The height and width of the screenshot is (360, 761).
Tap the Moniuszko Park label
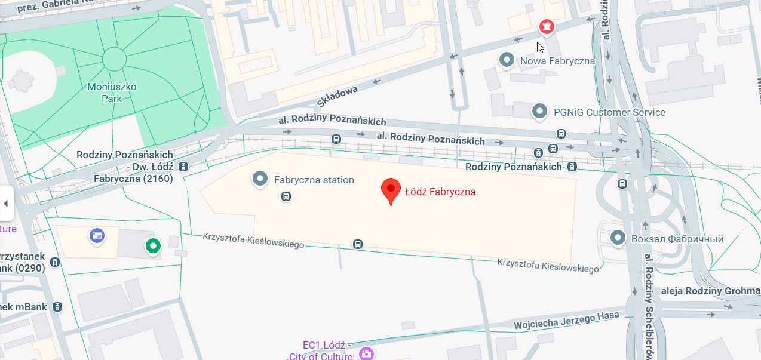[x=112, y=93]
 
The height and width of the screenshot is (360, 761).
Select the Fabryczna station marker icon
[x=259, y=179]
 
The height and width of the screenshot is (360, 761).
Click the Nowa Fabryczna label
[x=557, y=61]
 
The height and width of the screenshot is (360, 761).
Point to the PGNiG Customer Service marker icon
[x=540, y=111]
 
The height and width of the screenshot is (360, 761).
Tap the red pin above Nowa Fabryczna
[x=546, y=27]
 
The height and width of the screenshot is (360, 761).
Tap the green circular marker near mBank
[x=154, y=245]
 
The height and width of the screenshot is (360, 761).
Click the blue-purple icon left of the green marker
[x=97, y=236]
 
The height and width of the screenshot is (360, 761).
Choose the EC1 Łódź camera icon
[x=366, y=354]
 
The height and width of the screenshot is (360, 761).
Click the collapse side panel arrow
[x=6, y=204]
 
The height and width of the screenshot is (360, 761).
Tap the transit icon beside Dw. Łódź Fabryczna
[x=183, y=167]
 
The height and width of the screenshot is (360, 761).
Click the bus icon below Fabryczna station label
[x=286, y=196]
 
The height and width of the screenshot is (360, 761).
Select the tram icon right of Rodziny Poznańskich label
[x=572, y=167]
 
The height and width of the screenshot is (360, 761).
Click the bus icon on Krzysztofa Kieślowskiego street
[x=357, y=244]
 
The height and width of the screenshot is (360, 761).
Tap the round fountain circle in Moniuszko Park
[x=114, y=59]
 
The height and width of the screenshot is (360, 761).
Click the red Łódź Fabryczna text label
[x=440, y=192]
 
